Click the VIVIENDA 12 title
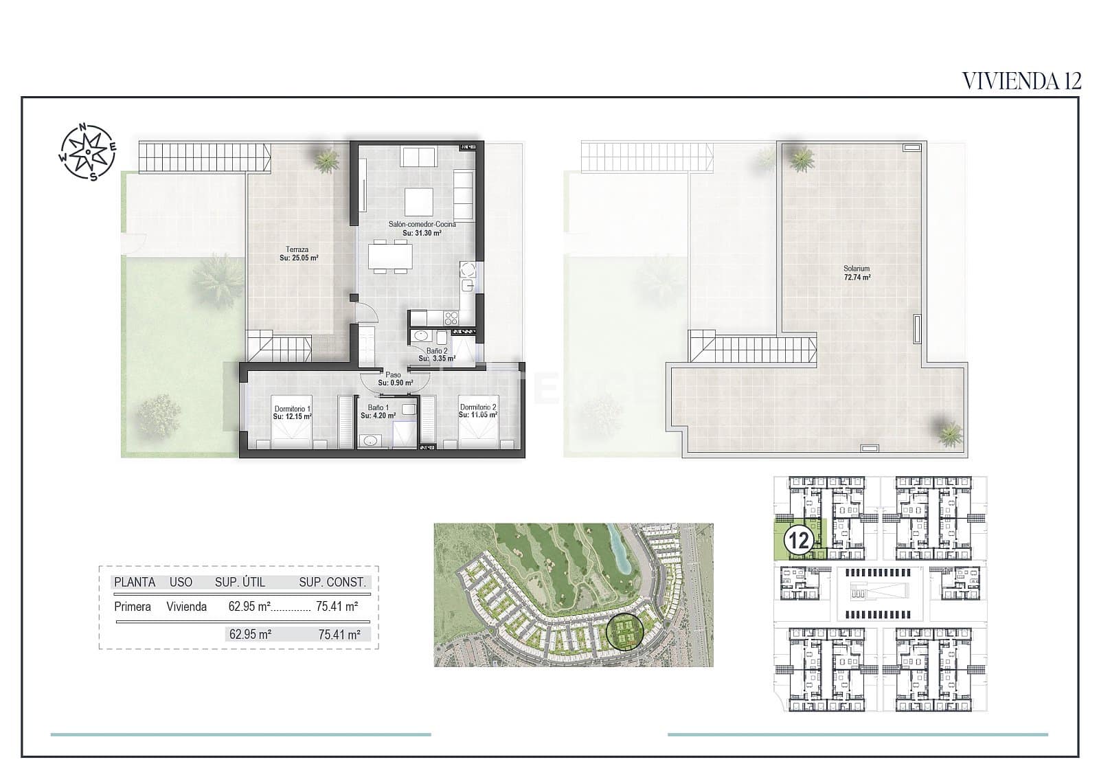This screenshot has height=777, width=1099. click(x=1021, y=80)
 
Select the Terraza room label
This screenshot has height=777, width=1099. click(x=298, y=254)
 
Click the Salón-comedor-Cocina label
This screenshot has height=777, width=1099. click(x=422, y=228)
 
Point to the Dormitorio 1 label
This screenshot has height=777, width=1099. click(x=292, y=412)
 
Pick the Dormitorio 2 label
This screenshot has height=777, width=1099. click(x=478, y=411)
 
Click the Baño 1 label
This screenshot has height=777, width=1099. click(x=378, y=412)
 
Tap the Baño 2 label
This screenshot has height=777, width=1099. click(x=437, y=354)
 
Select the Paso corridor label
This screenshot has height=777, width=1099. click(x=394, y=379)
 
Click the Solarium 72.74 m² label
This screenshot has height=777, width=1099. click(x=857, y=273)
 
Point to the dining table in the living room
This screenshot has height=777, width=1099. click(x=391, y=256)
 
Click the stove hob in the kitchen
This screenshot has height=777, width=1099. click(x=451, y=317)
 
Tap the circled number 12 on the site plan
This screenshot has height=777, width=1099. click(x=800, y=540)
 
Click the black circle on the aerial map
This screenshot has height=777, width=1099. click(x=624, y=630)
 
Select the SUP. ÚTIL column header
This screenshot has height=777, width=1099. click(x=240, y=582)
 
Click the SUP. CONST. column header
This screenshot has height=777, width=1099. click(x=332, y=582)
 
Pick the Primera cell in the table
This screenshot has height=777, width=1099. click(x=133, y=607)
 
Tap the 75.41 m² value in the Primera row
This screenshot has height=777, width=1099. click(x=337, y=607)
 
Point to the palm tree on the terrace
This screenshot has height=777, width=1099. click(x=327, y=159)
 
